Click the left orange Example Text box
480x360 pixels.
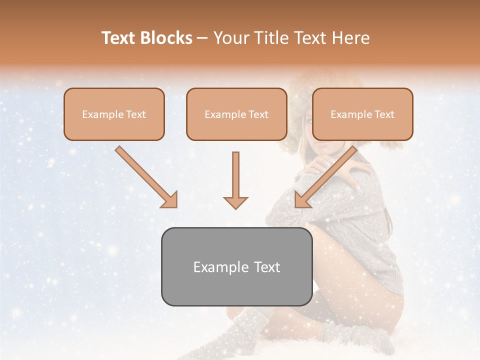click(114, 114)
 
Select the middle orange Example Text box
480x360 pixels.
click(236, 114)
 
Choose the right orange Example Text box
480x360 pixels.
click(362, 114)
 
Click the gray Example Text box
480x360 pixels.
click(236, 266)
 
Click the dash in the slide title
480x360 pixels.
click(202, 38)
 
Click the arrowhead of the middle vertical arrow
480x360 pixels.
click(235, 202)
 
